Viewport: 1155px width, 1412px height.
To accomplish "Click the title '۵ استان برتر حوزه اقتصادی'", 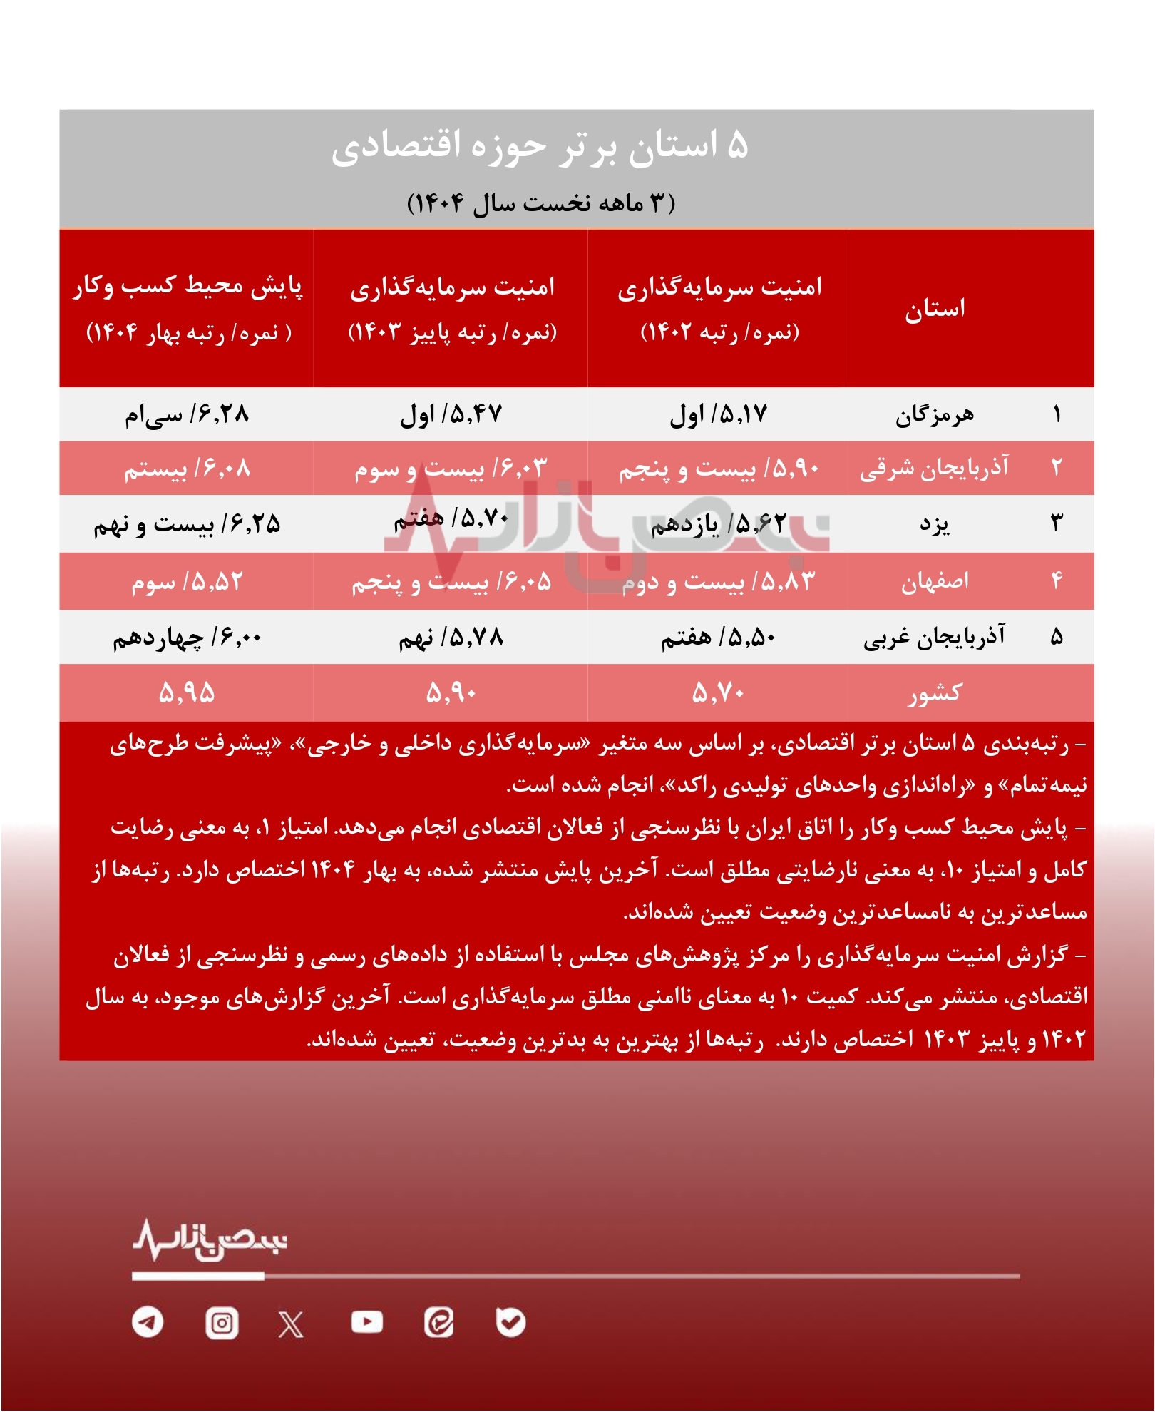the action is (x=540, y=147).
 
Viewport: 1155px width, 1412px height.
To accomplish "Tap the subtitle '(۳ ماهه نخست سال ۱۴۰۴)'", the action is (x=540, y=203).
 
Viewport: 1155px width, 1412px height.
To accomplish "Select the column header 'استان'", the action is (x=935, y=309).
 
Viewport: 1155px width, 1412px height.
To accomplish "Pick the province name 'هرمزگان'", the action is (x=934, y=414).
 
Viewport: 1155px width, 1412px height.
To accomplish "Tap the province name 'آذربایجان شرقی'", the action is (x=934, y=469).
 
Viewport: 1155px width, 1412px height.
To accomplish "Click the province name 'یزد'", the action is (x=934, y=524).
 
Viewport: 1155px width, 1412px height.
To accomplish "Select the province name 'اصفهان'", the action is (x=934, y=581).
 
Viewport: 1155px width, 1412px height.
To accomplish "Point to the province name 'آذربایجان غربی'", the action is (x=934, y=637).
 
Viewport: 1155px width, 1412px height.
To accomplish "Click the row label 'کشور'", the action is (x=934, y=692).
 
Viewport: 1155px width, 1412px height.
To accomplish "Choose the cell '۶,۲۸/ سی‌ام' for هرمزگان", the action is (x=187, y=414).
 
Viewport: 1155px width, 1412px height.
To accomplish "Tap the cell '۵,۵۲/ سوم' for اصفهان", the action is (x=187, y=582).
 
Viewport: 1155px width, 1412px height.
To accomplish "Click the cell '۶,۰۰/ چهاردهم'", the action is (x=187, y=637).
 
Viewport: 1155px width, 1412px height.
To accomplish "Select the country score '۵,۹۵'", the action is (x=187, y=692).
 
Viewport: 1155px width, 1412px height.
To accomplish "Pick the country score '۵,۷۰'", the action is (x=718, y=692).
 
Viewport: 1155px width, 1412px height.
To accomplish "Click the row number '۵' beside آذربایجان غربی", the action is (x=1057, y=637).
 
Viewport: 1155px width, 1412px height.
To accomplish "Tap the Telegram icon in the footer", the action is (x=148, y=1323).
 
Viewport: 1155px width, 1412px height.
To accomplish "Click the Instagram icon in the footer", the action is (x=222, y=1324).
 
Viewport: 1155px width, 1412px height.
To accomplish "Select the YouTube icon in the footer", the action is (x=367, y=1322).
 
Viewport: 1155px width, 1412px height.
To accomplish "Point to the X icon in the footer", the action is (x=291, y=1324).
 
